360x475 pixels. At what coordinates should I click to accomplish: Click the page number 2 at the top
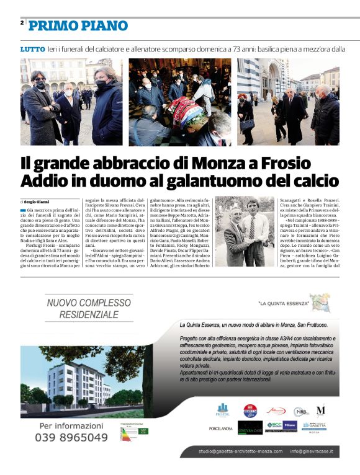point(22,22)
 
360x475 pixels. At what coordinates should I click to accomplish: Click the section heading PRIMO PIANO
point(78,25)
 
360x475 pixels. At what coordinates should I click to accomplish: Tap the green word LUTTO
point(32,48)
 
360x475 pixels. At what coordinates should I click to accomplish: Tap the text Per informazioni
point(71,426)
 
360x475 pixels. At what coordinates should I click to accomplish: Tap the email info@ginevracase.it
point(312,451)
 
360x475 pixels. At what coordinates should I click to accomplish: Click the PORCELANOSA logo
point(221,428)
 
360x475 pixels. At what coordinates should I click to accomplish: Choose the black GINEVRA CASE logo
point(250,428)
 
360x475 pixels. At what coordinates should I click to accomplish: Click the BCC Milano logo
point(281,425)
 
